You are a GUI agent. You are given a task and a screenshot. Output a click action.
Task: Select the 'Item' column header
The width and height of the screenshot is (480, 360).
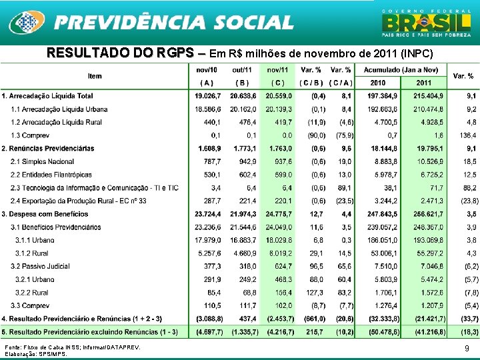[94, 77]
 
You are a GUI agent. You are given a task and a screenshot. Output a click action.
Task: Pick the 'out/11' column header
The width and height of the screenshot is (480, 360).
[243, 70]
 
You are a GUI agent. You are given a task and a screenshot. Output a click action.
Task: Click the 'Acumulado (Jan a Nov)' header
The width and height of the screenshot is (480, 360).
[401, 70]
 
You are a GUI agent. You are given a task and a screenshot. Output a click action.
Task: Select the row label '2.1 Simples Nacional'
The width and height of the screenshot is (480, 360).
[43, 161]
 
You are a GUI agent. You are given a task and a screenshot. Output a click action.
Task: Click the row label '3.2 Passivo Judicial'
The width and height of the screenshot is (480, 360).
[42, 266]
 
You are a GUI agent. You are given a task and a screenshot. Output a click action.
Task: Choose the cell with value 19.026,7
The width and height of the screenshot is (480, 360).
[208, 96]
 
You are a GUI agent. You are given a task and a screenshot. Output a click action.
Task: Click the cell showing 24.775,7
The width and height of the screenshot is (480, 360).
[278, 214]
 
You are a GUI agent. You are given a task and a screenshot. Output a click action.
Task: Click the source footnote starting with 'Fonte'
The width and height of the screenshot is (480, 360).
[73, 347]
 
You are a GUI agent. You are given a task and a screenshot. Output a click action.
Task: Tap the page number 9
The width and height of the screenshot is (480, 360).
[466, 348]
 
